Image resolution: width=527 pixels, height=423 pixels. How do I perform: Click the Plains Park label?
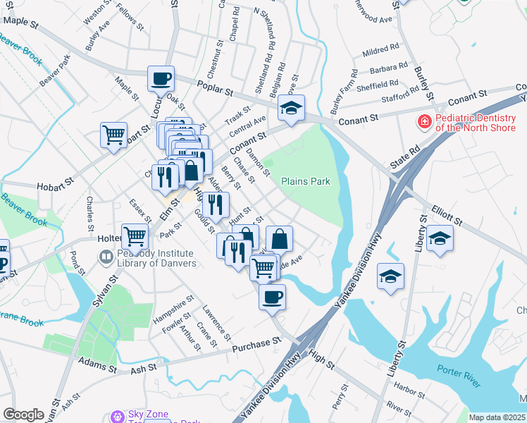tap(306, 181)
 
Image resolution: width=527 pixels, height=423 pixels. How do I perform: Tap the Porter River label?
tap(458, 376)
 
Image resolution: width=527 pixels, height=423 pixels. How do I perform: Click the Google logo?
tap(23, 415)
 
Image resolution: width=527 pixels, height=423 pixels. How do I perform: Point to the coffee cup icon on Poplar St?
tap(161, 79)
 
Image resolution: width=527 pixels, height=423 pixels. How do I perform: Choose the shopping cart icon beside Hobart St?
tap(113, 134)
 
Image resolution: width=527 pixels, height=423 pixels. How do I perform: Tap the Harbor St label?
tap(407, 387)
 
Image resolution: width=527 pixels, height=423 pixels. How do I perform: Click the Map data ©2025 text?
tap(497, 417)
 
